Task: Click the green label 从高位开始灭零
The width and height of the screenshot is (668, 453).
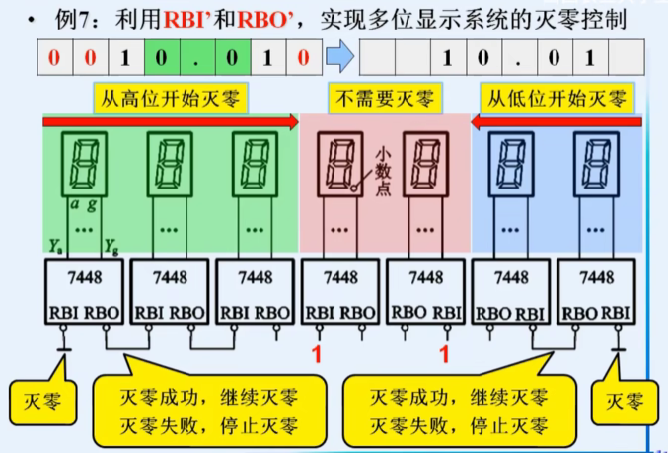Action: (x=170, y=98)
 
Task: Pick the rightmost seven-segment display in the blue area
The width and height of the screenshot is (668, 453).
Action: (x=597, y=163)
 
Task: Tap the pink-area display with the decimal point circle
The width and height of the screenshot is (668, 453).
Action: (x=341, y=163)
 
